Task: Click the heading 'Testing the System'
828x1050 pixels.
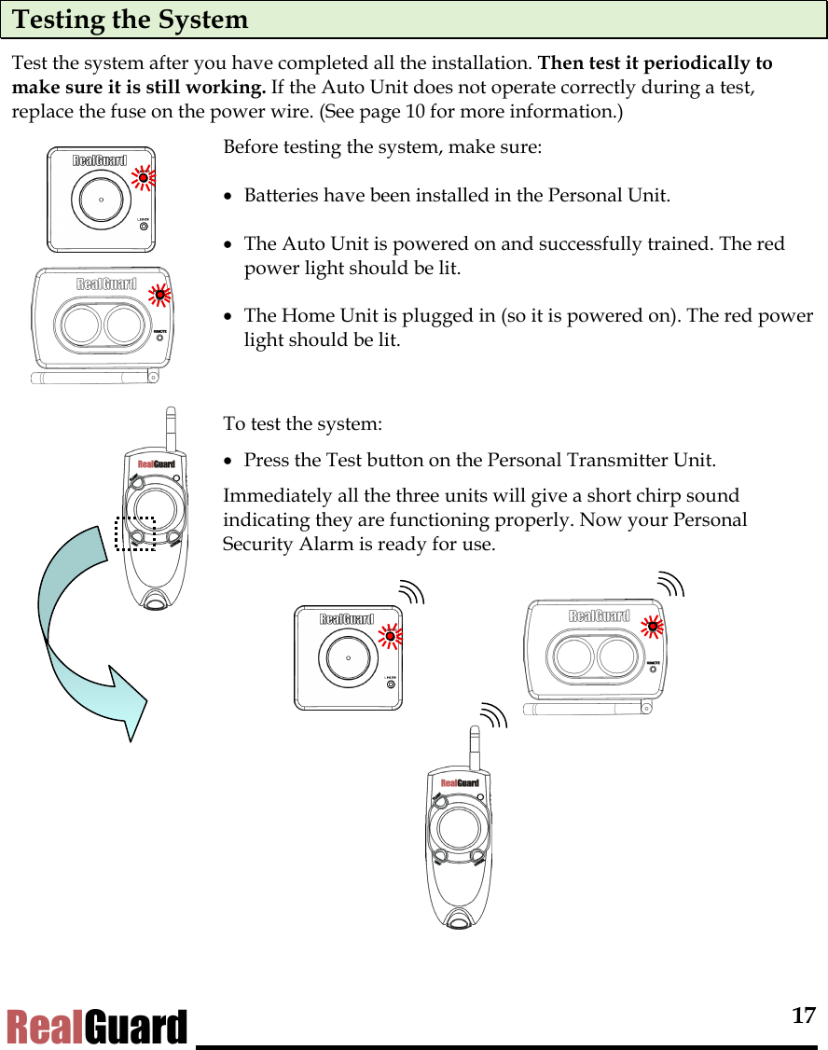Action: (131, 20)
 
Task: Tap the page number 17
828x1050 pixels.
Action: (804, 1015)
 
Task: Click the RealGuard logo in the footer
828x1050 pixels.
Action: (97, 1028)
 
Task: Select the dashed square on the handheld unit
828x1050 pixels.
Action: (135, 533)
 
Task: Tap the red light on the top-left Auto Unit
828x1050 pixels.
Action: (143, 178)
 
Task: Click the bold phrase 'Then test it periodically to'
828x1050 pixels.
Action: (655, 63)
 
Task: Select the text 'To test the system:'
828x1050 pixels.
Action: (302, 423)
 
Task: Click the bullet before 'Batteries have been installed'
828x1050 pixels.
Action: (228, 198)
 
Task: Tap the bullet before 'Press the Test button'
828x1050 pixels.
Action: (228, 462)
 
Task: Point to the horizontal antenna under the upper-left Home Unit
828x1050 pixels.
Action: (93, 377)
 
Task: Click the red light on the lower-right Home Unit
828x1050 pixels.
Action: (653, 627)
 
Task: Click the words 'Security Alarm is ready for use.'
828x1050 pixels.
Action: (359, 544)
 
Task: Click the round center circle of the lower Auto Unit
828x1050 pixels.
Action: (348, 656)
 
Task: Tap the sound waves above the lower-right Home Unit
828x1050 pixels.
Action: (670, 585)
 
